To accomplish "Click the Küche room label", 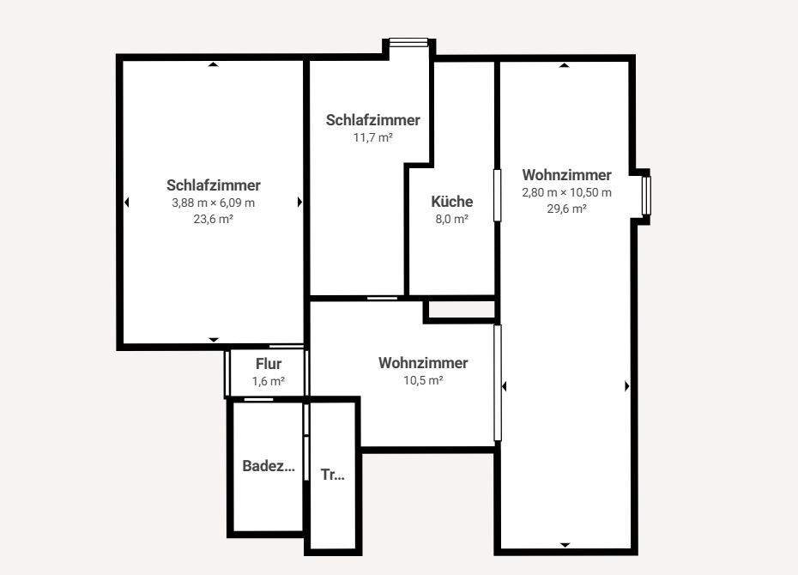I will (x=451, y=202).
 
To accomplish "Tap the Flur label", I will (x=269, y=364).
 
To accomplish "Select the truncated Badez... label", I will (x=269, y=467).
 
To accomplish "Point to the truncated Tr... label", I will (x=332, y=474).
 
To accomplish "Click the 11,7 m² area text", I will (x=372, y=137).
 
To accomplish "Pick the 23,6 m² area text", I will (x=214, y=219).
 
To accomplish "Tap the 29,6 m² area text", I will (x=566, y=209).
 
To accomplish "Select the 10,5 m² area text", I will (x=423, y=380).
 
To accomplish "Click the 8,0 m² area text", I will (x=451, y=219).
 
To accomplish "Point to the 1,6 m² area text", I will (x=269, y=381).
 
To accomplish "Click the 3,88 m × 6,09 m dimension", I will (x=214, y=203).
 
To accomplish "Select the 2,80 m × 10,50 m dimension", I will (x=566, y=192).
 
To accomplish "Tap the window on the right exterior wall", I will (x=646, y=195).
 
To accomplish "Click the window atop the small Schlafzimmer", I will (x=408, y=42).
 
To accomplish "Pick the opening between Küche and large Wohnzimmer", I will (x=497, y=195).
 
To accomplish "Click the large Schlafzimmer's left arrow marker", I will (x=126, y=203).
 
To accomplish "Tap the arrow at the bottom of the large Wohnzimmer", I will (x=565, y=545).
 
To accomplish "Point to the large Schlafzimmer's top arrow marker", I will (x=214, y=64).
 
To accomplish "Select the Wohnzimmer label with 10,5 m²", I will (x=423, y=363).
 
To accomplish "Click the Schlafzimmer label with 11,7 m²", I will (x=372, y=120).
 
